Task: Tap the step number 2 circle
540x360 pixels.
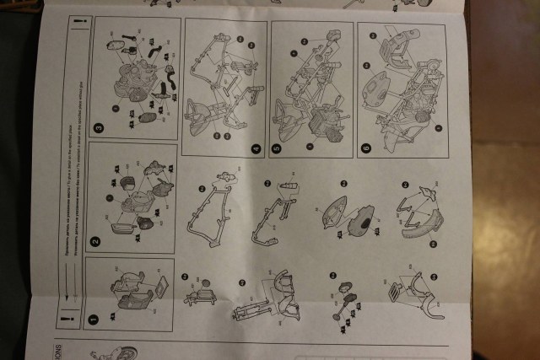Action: coord(95,240)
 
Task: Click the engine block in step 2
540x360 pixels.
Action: coord(135,202)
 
